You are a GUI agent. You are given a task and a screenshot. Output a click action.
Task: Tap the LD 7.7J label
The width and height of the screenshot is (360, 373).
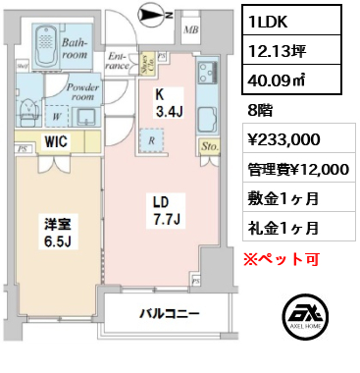click(x=161, y=209)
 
